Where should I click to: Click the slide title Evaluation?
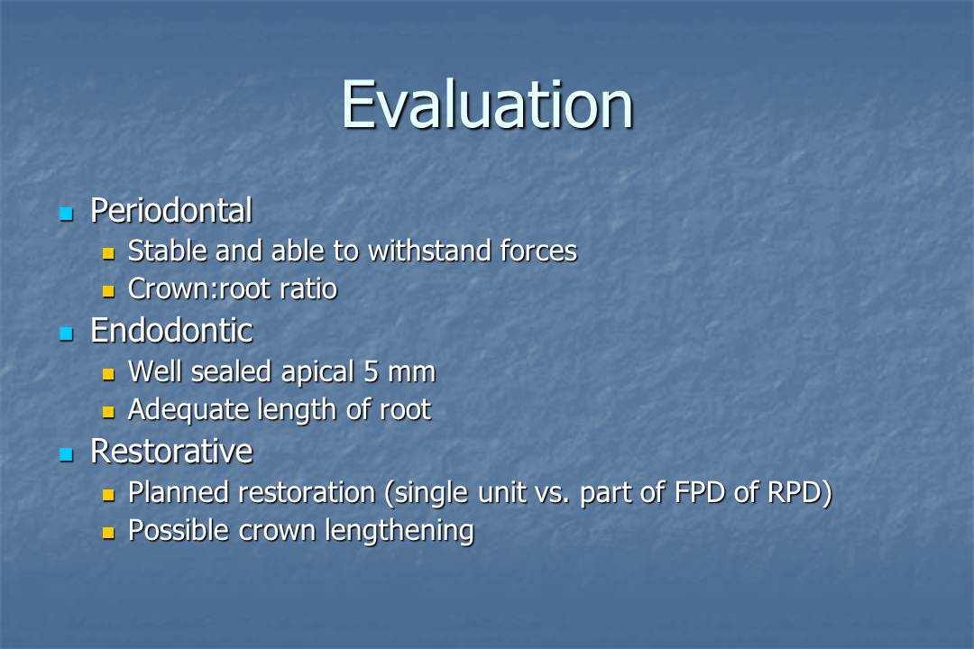click(487, 105)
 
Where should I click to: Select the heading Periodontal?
click(170, 211)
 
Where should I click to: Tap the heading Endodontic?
click(170, 331)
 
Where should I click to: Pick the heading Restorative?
click(170, 451)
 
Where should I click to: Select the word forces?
click(538, 251)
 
